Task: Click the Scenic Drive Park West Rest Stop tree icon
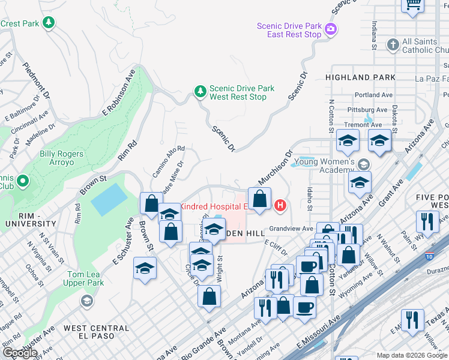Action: [x=200, y=92]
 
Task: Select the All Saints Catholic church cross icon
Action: [x=393, y=45]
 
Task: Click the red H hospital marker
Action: [x=280, y=206]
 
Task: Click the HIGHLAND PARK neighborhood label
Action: [x=360, y=77]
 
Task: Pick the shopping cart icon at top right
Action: [x=412, y=5]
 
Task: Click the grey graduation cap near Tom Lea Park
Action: [x=86, y=300]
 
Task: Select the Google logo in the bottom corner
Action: [x=20, y=353]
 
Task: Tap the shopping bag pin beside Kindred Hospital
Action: [x=259, y=199]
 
